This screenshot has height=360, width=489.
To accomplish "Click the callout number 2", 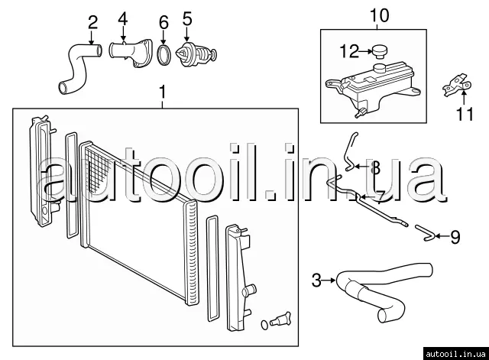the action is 92,22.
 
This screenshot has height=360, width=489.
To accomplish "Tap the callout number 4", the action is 123,18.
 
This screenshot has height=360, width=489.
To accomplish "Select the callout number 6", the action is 164,23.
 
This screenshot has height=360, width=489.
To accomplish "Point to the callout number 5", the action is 187,18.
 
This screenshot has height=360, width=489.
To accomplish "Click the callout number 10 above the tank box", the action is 380,15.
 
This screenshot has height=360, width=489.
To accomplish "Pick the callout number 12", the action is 350,51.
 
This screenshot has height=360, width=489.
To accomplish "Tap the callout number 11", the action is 465,114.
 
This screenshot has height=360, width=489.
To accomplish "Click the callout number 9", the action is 455,237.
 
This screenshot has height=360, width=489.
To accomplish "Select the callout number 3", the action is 316,281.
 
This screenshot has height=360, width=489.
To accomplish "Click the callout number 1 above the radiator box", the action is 162,92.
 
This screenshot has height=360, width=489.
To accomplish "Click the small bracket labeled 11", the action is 457,84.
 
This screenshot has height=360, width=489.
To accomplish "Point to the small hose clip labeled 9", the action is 426,232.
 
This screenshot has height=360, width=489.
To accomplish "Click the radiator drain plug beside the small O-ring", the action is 280,319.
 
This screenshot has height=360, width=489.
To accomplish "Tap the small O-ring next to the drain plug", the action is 264,325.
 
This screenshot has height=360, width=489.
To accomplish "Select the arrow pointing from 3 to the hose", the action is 329,281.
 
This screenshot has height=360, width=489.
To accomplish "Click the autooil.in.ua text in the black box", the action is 455,354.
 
